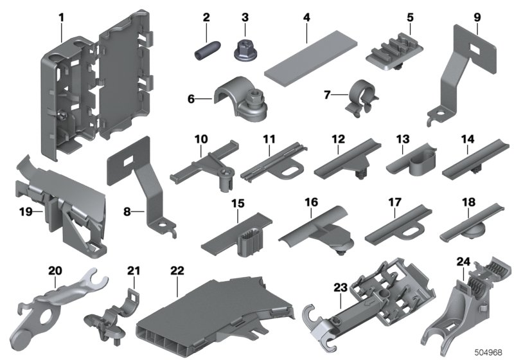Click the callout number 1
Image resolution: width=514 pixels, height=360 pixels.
[61, 18]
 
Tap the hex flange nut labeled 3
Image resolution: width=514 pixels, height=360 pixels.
[245, 51]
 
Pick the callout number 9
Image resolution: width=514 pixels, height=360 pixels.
[477, 17]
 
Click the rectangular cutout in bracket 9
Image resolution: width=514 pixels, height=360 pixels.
[475, 49]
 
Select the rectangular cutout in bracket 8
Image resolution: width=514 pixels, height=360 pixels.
[128, 161]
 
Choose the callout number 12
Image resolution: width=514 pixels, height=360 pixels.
[339, 139]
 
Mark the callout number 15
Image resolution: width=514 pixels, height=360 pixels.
[238, 204]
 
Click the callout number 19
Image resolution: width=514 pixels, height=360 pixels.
[26, 212]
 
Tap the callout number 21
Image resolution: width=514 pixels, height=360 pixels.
[134, 271]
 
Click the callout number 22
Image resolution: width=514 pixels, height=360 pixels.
[177, 271]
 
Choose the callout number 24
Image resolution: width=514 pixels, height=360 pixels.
[463, 262]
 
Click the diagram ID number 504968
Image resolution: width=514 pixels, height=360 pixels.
[488, 352]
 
